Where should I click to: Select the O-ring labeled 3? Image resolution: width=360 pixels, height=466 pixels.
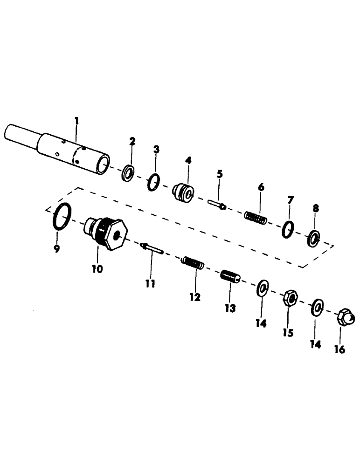click(x=153, y=183)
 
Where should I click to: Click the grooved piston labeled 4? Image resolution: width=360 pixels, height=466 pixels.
click(x=183, y=192)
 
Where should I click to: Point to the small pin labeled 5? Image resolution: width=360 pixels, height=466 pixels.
click(x=217, y=204)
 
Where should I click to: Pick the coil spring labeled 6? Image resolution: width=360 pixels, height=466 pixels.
click(x=256, y=217)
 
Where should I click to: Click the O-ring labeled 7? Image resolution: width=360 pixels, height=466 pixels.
click(x=288, y=228)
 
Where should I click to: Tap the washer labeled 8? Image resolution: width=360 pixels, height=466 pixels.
click(x=314, y=239)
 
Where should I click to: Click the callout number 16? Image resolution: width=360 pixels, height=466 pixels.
click(x=340, y=349)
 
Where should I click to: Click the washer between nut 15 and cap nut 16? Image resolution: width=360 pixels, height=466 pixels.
click(x=318, y=307)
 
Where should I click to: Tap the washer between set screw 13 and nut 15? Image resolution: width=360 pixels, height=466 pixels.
click(x=262, y=287)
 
